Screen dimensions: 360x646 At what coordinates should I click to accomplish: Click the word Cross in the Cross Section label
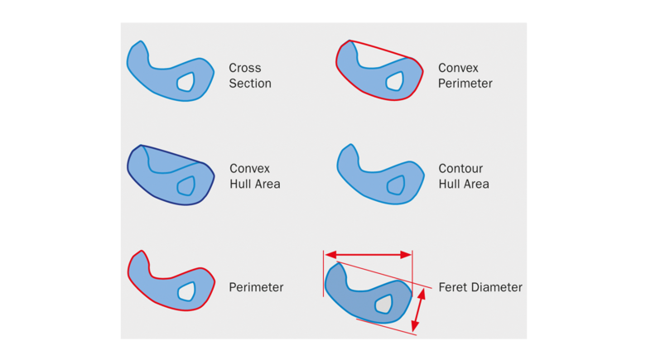[244, 68]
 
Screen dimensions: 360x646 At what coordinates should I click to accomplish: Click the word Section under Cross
[250, 84]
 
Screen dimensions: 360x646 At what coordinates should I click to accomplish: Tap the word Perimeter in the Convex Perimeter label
[465, 84]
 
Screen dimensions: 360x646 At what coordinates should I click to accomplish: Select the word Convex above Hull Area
[250, 169]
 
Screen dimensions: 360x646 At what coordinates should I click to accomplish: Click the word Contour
[460, 169]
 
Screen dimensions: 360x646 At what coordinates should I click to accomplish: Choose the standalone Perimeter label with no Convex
[256, 287]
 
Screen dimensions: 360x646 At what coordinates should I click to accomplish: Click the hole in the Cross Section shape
[186, 81]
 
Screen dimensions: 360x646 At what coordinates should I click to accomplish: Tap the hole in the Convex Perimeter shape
[395, 81]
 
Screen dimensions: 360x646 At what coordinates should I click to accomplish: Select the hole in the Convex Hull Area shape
[186, 185]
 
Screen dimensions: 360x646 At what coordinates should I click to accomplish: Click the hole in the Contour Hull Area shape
[396, 185]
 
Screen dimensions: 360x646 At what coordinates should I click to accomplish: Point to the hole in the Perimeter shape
[186, 290]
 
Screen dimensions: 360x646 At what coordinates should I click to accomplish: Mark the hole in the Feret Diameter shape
[383, 304]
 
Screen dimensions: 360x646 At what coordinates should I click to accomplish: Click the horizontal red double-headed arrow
[368, 255]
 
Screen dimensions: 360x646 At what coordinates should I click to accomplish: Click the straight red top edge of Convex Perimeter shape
[383, 50]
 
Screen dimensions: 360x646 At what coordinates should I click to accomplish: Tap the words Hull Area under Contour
[464, 184]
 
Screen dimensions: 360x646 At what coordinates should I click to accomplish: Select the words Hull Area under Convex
[255, 184]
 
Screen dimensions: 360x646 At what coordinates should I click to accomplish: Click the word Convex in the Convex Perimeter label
[459, 68]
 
